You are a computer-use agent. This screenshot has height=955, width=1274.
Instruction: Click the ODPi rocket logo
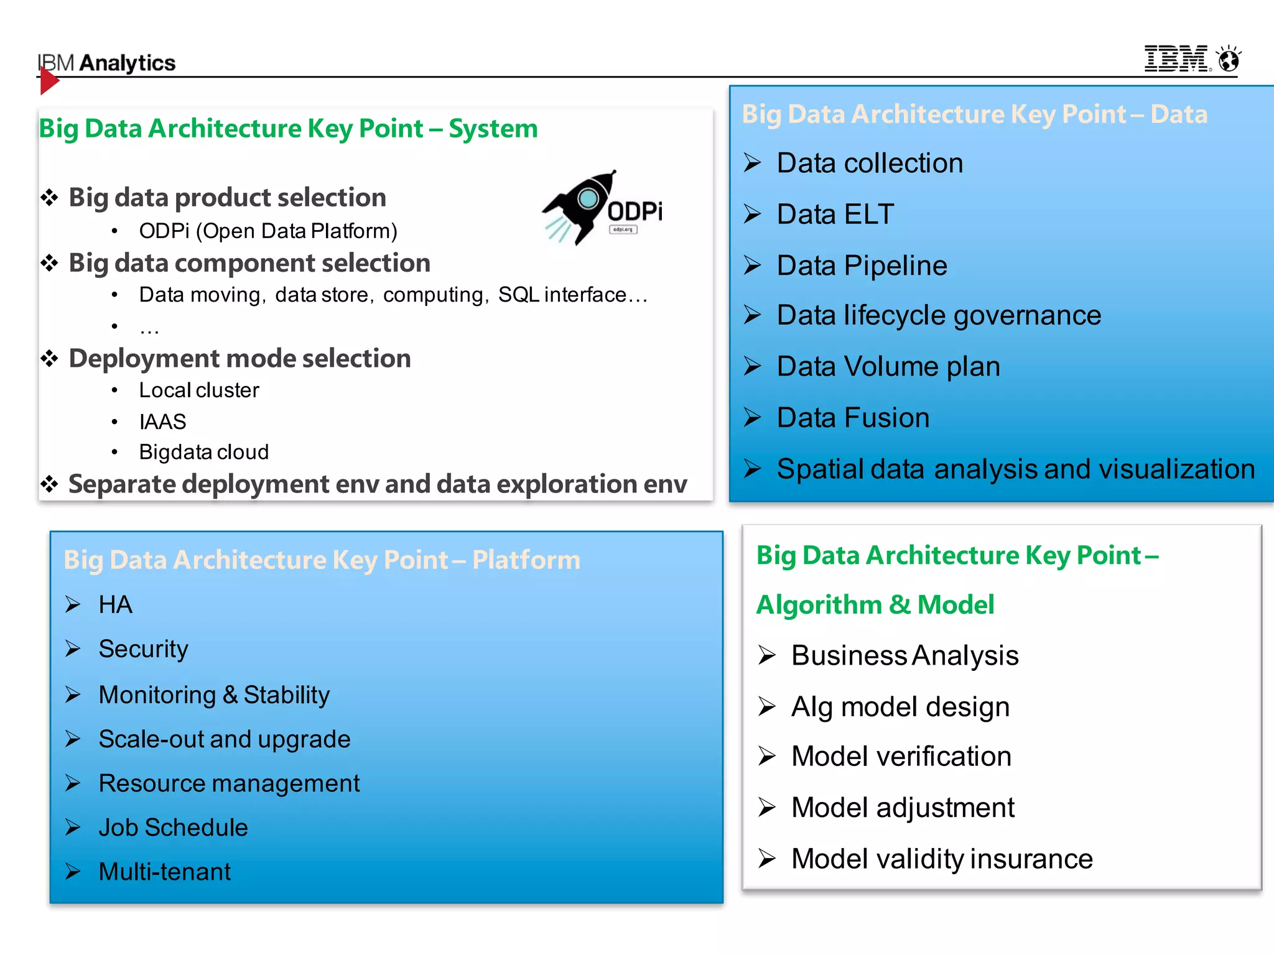(600, 208)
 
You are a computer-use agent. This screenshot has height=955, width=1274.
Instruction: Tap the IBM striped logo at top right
(1176, 59)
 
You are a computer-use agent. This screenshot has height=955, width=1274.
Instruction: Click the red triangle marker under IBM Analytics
(49, 81)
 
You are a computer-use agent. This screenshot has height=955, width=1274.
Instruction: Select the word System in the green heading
(493, 129)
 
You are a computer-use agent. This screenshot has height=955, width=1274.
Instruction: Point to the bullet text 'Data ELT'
(835, 215)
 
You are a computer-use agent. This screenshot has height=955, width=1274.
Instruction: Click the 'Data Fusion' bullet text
(853, 418)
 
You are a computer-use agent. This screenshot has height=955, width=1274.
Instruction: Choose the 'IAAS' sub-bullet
(162, 422)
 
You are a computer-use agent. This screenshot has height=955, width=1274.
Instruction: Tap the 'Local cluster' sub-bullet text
(199, 390)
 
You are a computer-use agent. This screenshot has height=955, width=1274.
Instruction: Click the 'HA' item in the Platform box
(115, 605)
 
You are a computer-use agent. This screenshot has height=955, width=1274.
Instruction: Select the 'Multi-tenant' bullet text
(164, 872)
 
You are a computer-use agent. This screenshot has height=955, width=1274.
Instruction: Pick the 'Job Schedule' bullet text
(173, 828)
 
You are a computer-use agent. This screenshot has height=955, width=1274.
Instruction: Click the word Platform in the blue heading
(526, 560)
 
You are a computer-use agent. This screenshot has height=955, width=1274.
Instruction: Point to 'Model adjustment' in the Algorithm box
(903, 808)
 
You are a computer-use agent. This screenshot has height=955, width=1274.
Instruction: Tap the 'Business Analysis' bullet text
(904, 656)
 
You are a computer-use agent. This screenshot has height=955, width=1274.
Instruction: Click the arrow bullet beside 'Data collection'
(752, 163)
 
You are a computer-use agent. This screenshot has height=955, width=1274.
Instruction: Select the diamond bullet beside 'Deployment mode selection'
(49, 359)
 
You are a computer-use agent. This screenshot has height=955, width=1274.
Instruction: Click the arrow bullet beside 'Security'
(73, 649)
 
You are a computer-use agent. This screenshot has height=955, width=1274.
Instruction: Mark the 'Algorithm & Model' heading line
(875, 605)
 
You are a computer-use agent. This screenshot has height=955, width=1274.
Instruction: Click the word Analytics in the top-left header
(128, 63)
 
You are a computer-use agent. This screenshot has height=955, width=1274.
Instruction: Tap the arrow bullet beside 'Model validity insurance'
(767, 859)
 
